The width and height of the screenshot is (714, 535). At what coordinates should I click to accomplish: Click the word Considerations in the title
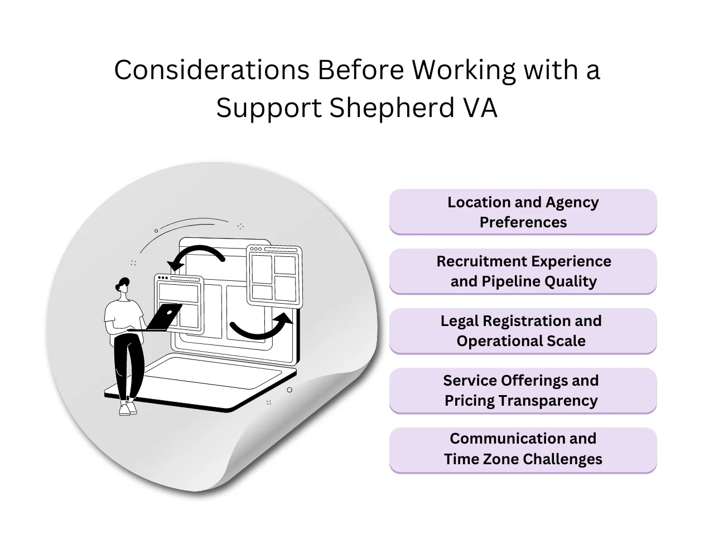point(211,71)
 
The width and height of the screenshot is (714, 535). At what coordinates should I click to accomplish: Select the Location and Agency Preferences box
point(523,212)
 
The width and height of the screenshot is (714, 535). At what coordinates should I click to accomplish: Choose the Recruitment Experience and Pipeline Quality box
point(523,271)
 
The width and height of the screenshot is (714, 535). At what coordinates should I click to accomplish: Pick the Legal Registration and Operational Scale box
point(523,331)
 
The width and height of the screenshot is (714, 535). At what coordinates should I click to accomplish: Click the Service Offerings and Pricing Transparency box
point(523,391)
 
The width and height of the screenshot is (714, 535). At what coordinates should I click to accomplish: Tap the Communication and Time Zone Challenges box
point(523,449)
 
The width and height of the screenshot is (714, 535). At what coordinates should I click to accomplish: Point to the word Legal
point(460,321)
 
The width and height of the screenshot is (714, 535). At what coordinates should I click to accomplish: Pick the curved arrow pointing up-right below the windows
point(262,328)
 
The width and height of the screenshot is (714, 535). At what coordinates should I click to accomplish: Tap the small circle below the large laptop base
point(290,390)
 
